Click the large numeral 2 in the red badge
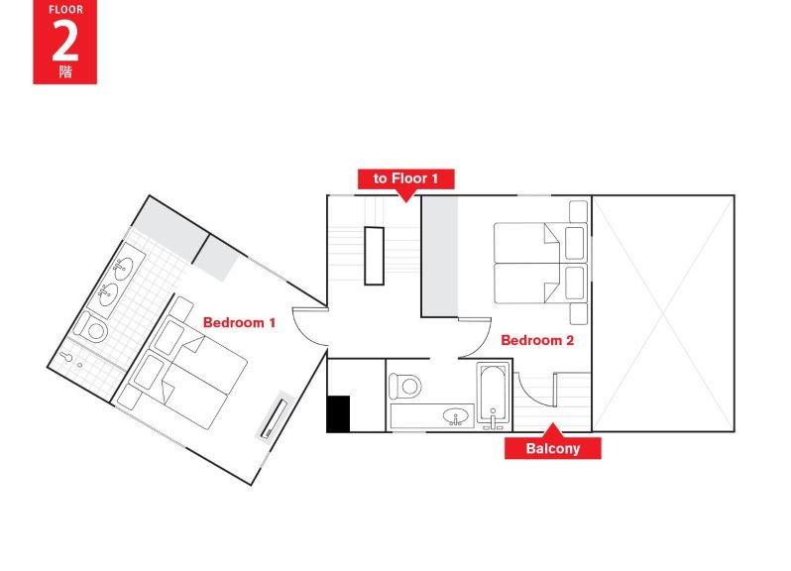click(x=64, y=42)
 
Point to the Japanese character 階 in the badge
click(x=64, y=72)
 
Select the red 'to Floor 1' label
click(x=405, y=178)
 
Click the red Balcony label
click(x=552, y=449)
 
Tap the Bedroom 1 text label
click(x=239, y=323)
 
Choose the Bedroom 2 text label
click(x=537, y=340)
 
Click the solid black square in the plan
click(x=338, y=413)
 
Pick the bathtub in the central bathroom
click(x=493, y=395)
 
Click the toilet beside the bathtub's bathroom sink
click(x=406, y=385)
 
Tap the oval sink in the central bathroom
click(x=455, y=416)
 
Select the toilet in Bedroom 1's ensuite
click(x=94, y=327)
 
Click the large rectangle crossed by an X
click(x=663, y=313)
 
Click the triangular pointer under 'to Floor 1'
click(x=405, y=196)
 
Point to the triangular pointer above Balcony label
click(x=552, y=431)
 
